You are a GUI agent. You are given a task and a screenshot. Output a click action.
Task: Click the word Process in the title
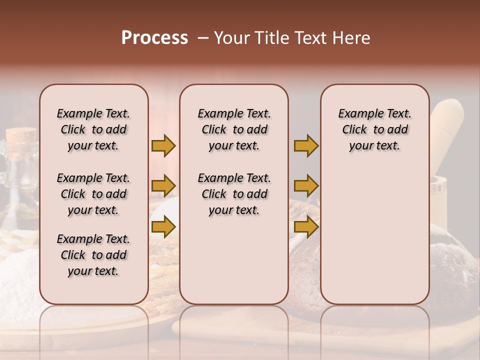pos(154,38)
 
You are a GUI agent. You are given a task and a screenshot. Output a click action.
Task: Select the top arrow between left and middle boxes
pos(163,146)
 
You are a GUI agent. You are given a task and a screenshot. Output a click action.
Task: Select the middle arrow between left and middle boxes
pos(163,186)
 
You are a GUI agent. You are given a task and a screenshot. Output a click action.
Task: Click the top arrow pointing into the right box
pos(306,146)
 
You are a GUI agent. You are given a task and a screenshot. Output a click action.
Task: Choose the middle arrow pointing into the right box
pos(306,186)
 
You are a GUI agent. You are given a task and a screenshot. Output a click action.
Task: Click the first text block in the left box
pos(93,129)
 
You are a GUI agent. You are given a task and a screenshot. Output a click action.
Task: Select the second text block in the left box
pos(93,194)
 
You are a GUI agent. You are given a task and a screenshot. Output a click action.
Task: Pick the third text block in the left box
pos(93,255)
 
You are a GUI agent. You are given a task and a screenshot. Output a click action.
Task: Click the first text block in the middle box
pos(234,129)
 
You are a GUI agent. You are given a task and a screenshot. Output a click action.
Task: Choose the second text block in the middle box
pos(234,194)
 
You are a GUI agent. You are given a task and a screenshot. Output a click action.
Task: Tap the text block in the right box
pos(374,129)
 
